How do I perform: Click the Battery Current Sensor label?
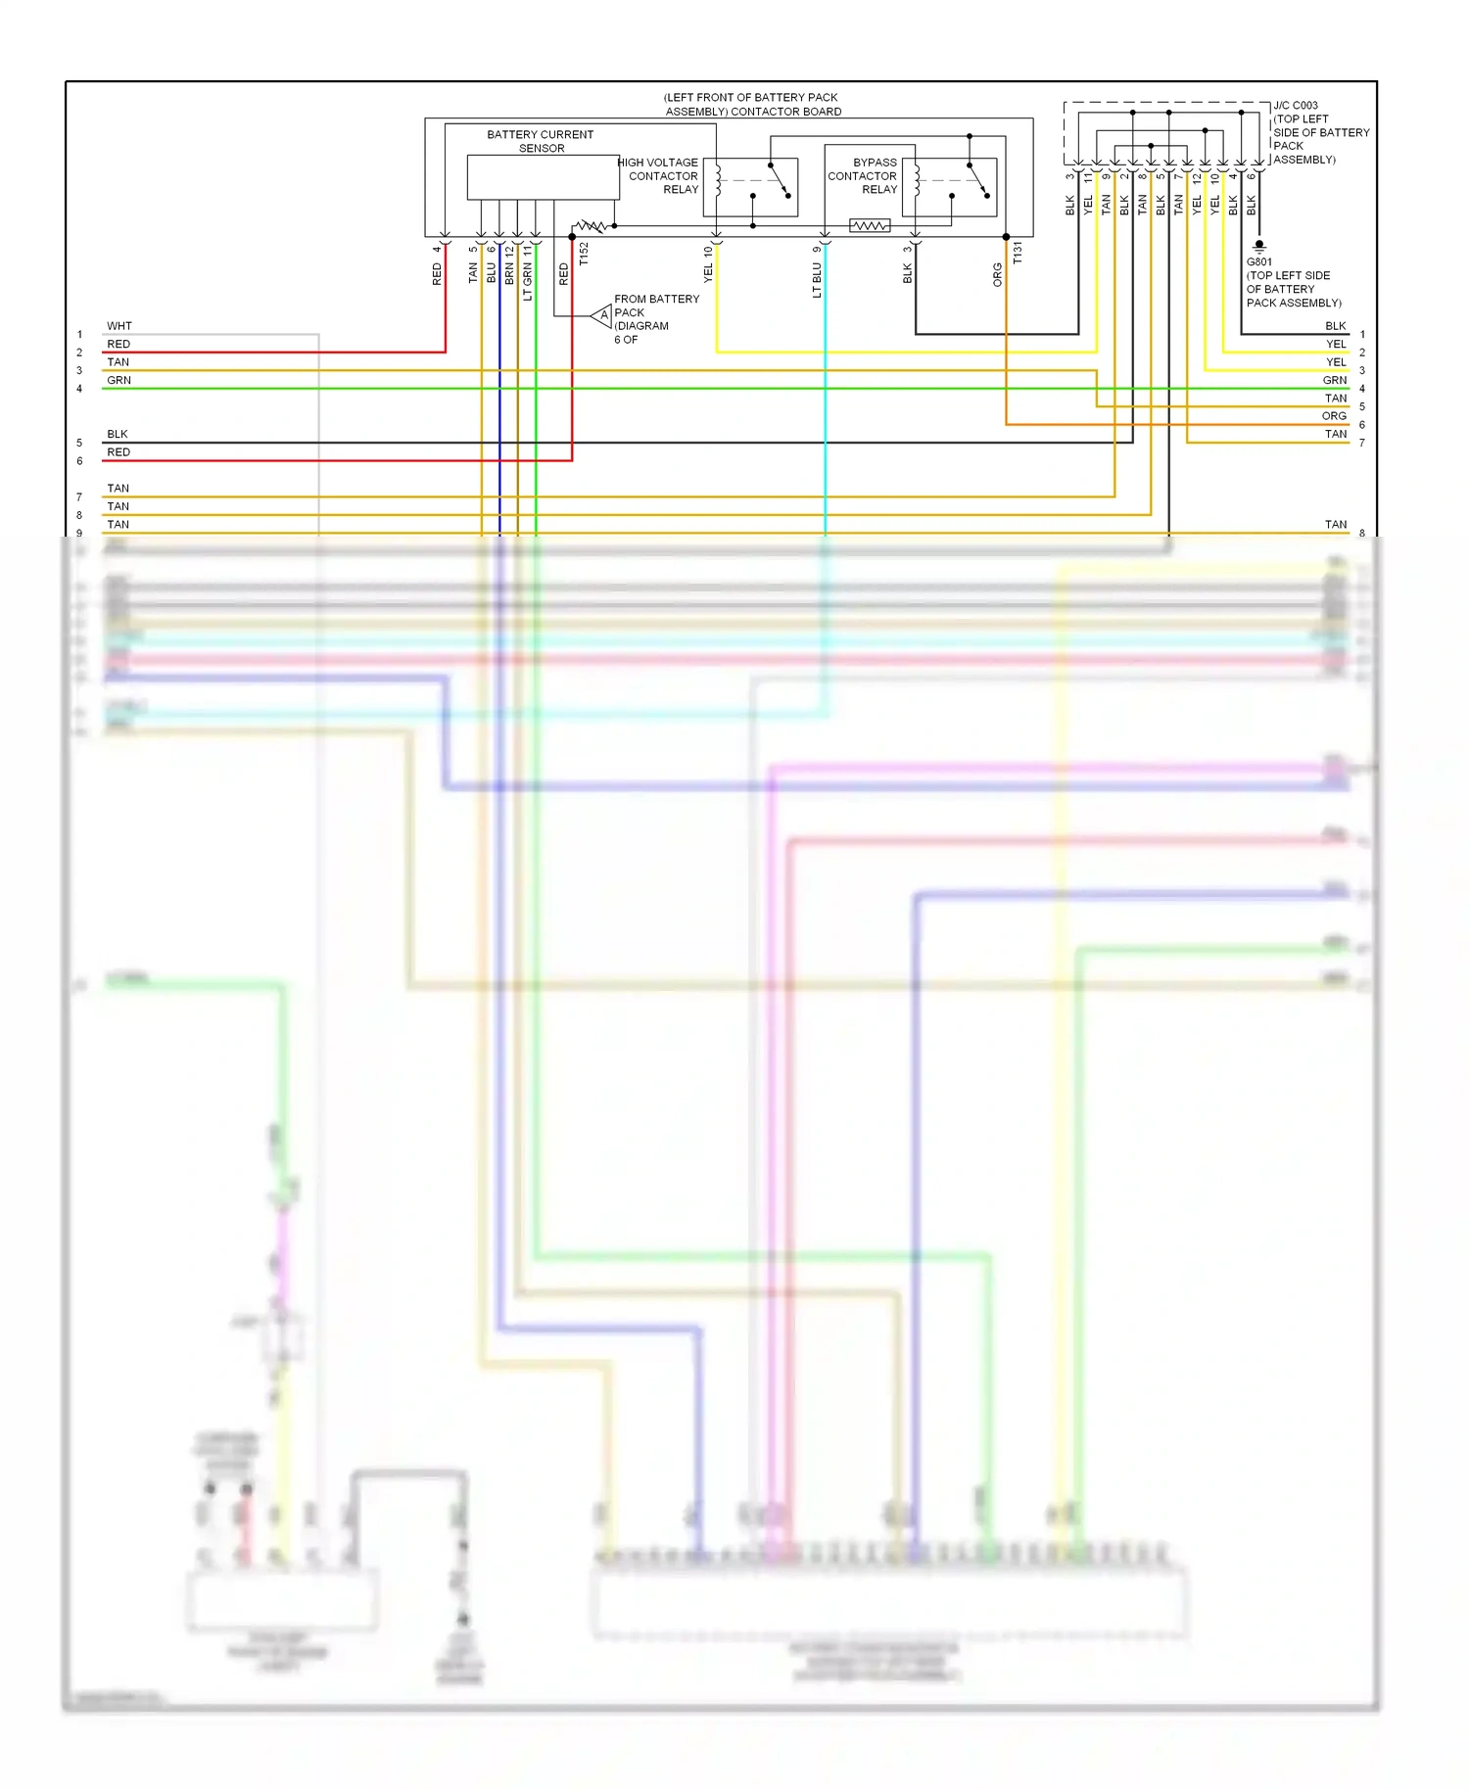coord(540,141)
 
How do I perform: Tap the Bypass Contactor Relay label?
coord(863,176)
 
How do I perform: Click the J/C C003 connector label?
coord(1295,106)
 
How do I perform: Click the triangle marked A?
coord(602,315)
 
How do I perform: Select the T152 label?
coord(584,254)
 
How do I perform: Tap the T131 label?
coord(1017,253)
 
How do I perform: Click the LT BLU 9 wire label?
coord(817,272)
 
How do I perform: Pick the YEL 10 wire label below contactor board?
coord(708,264)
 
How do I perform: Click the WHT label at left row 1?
coord(118,326)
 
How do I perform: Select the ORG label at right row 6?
coord(1334,416)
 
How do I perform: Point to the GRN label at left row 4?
coord(118,380)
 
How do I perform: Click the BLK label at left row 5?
coord(118,434)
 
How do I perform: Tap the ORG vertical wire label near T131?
coord(997,274)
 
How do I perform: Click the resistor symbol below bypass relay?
coord(869,226)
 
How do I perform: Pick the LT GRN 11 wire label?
coord(527,273)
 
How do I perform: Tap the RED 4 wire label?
coord(437,266)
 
